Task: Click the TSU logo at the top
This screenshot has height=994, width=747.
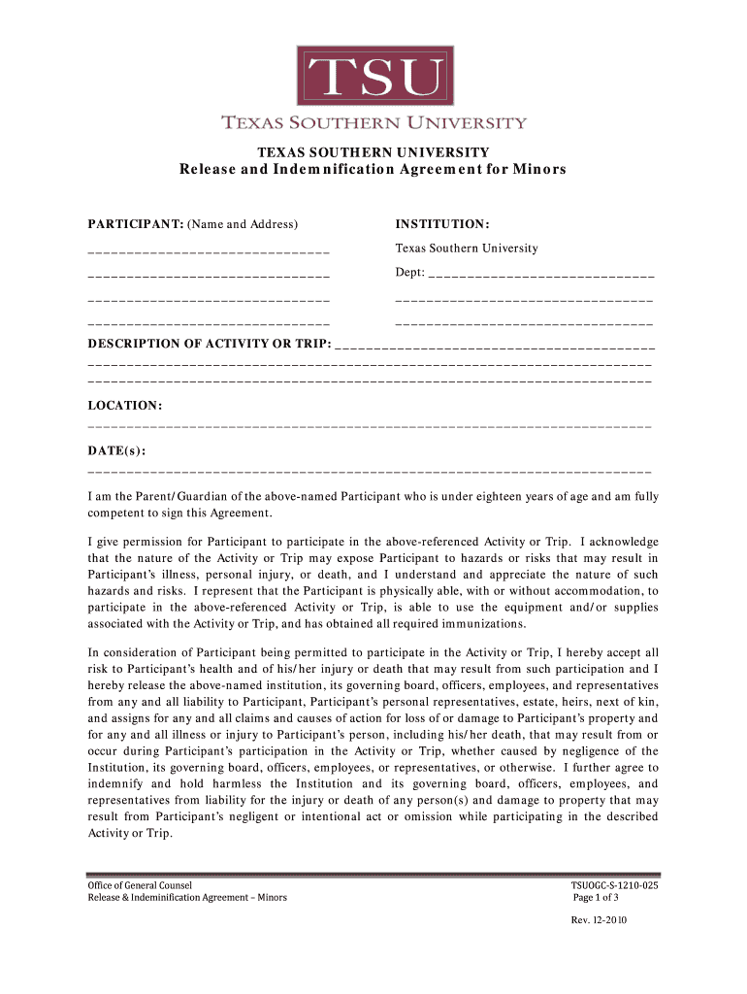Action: [x=373, y=76]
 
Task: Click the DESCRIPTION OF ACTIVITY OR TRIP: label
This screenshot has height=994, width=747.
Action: [x=210, y=344]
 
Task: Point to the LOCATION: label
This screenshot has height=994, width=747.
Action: [x=125, y=404]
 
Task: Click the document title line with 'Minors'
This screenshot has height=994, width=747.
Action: [x=373, y=170]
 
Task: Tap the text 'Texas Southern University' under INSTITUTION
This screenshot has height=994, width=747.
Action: [x=467, y=248]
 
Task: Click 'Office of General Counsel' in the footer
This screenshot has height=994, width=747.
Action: [x=140, y=885]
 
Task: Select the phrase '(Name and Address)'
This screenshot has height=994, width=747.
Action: [x=243, y=225]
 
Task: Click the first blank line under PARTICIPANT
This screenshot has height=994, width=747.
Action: [x=209, y=252]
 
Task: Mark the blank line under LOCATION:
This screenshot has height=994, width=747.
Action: [x=369, y=427]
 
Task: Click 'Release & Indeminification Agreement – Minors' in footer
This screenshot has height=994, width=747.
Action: [x=187, y=898]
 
